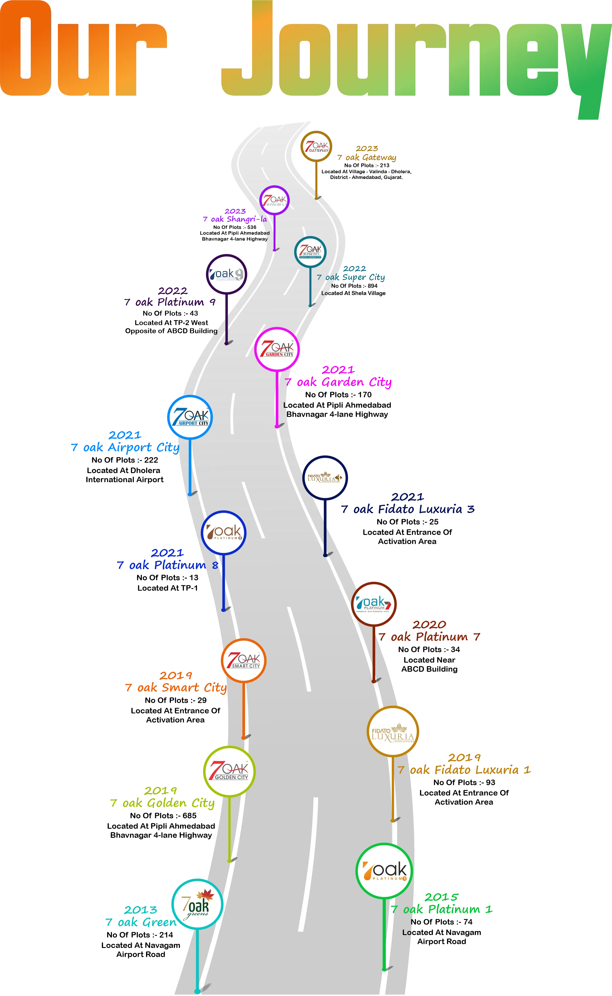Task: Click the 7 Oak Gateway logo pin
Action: point(316,147)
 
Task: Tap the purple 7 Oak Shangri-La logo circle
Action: point(275,200)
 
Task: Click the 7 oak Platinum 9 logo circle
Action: point(226,274)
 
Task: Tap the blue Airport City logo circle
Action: point(190,417)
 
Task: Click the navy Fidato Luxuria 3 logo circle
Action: point(325,478)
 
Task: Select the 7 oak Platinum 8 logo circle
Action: point(223,533)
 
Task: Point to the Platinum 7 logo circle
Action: point(373,604)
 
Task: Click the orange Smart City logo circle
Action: point(244,661)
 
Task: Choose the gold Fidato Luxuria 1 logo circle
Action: point(392,731)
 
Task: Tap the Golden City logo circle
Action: point(229,771)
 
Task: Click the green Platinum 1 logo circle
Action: point(384,870)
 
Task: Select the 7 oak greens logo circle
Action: point(197,904)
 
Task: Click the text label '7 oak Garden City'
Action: point(338,382)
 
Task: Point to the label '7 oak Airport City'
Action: point(125,448)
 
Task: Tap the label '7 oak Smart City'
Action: point(175,687)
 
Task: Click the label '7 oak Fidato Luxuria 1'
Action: point(464,770)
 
